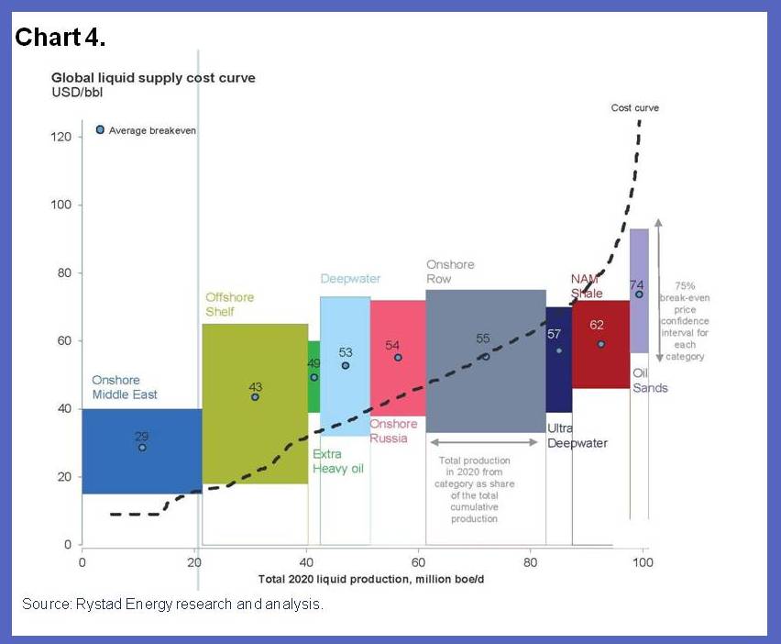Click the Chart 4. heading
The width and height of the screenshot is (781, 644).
click(60, 38)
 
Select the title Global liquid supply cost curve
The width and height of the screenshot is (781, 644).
click(153, 78)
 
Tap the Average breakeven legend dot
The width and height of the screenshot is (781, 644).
click(101, 129)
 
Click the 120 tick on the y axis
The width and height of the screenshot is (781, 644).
click(60, 137)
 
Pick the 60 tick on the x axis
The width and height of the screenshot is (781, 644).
click(419, 561)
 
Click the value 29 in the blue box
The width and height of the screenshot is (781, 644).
click(141, 436)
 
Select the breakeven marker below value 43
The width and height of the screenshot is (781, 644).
click(255, 397)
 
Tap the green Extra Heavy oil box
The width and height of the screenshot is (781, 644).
click(313, 376)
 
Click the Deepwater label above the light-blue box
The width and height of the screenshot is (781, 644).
click(350, 279)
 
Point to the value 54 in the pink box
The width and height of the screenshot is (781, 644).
click(392, 345)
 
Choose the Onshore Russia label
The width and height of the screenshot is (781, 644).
click(393, 430)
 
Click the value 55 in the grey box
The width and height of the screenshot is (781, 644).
click(483, 339)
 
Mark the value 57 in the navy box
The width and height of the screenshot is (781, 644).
click(554, 334)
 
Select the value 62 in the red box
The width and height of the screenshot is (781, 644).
click(597, 325)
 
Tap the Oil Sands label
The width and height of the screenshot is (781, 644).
click(650, 381)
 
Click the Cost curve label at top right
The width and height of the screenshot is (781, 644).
click(634, 108)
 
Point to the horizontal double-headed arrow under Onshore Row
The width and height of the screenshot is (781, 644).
click(484, 442)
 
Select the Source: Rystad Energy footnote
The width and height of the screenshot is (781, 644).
click(172, 605)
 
